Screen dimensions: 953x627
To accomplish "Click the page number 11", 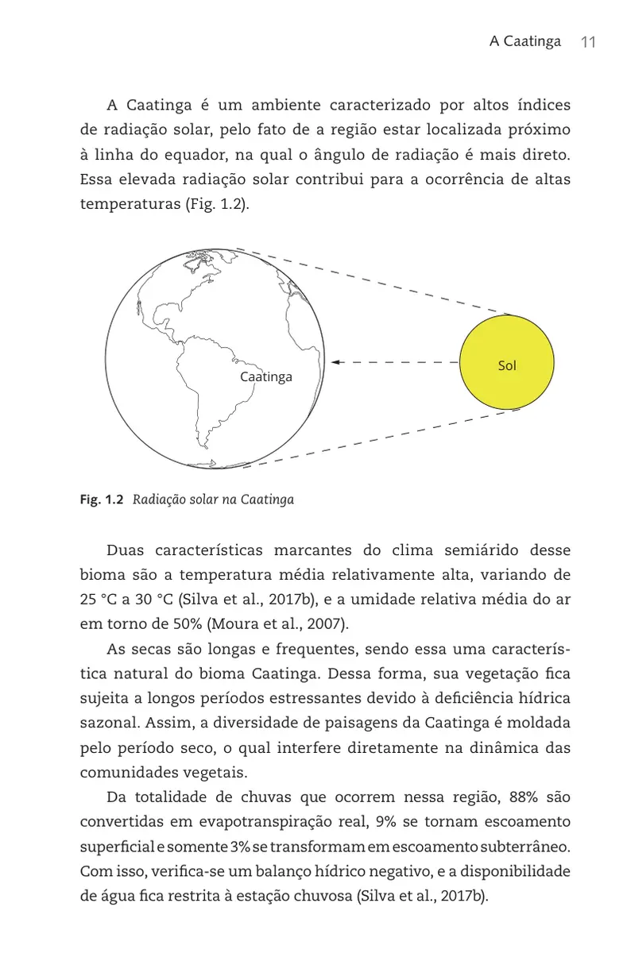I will pos(588,42).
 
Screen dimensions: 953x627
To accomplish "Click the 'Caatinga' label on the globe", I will pos(266,376).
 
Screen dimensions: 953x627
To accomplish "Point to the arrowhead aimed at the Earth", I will pos(335,362).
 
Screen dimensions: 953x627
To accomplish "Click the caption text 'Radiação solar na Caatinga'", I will pos(213,500).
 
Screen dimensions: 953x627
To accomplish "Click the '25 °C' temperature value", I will pos(99,600).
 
